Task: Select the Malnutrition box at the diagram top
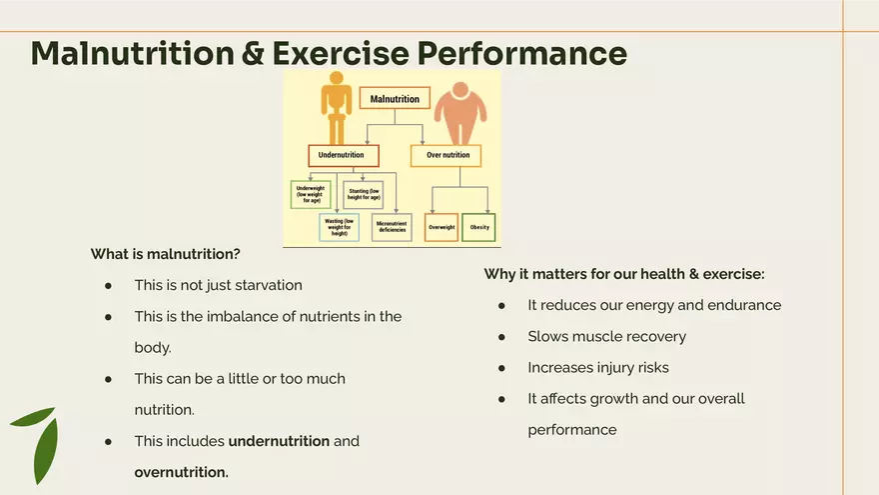tap(395, 99)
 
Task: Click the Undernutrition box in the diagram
tap(343, 156)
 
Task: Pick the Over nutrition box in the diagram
tap(446, 156)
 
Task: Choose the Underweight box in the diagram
tap(310, 194)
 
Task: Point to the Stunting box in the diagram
tap(363, 194)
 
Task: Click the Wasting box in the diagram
tap(339, 227)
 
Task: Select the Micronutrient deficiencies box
tap(392, 227)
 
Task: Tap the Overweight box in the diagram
tap(441, 227)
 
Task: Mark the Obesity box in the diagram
tap(479, 227)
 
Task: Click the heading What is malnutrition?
tap(165, 254)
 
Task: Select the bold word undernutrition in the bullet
tap(279, 441)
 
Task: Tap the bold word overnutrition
tap(181, 472)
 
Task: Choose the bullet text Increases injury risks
tap(598, 368)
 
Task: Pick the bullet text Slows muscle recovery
tap(606, 337)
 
